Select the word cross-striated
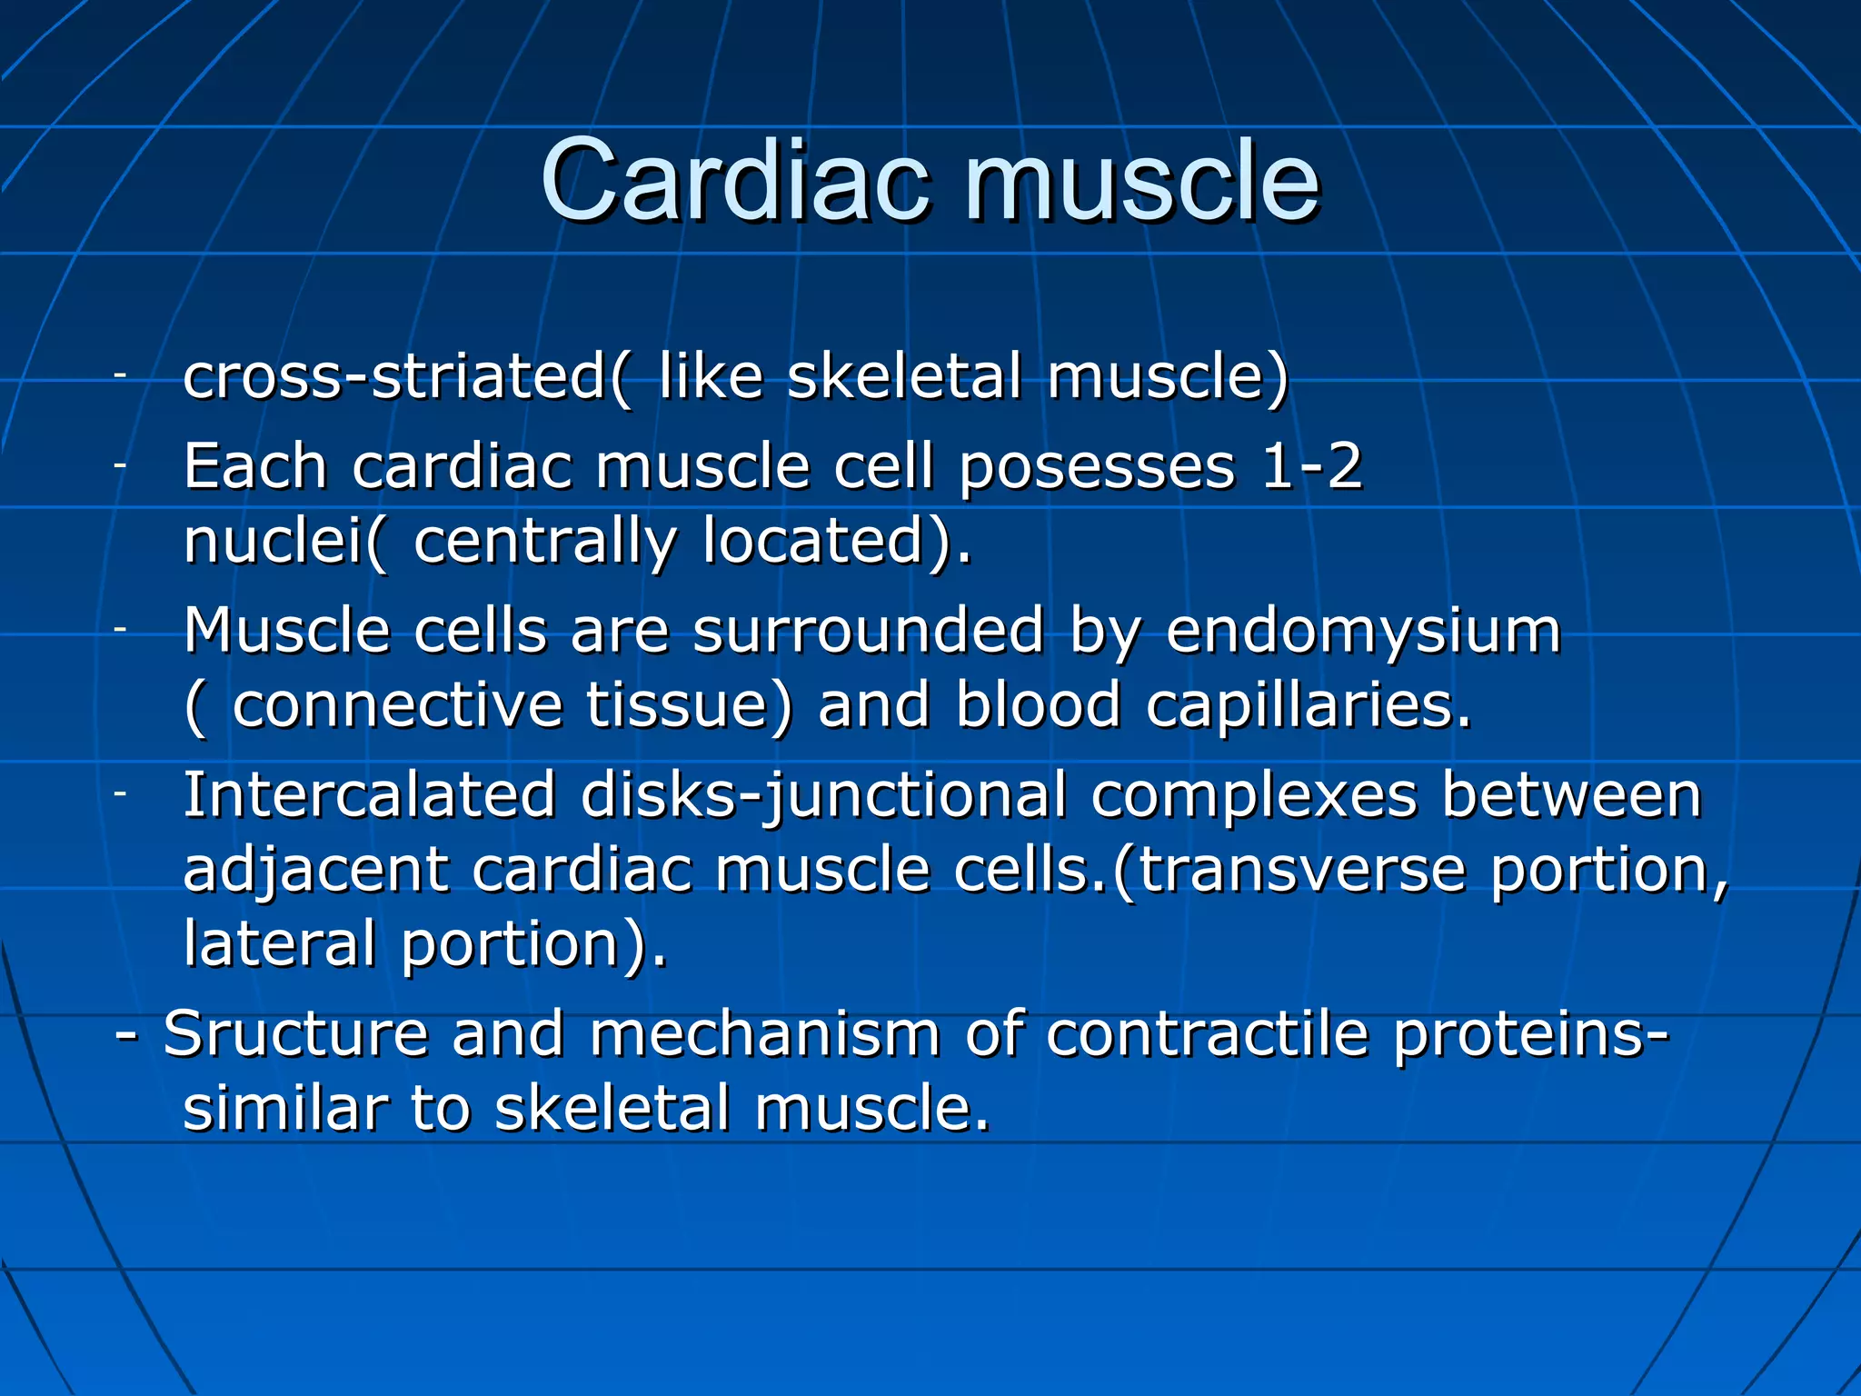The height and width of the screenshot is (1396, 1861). (x=394, y=376)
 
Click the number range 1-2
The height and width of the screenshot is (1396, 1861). (x=1312, y=467)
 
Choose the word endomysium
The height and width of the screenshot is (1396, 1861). (x=1363, y=633)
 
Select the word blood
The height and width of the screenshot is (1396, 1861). (x=1039, y=705)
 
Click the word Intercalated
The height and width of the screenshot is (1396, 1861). (x=369, y=795)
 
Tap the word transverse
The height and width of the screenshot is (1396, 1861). (x=1301, y=871)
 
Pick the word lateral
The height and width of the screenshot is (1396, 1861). (x=279, y=942)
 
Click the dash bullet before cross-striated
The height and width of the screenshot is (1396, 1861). (x=120, y=374)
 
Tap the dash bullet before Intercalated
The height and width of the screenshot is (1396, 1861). (x=120, y=793)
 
